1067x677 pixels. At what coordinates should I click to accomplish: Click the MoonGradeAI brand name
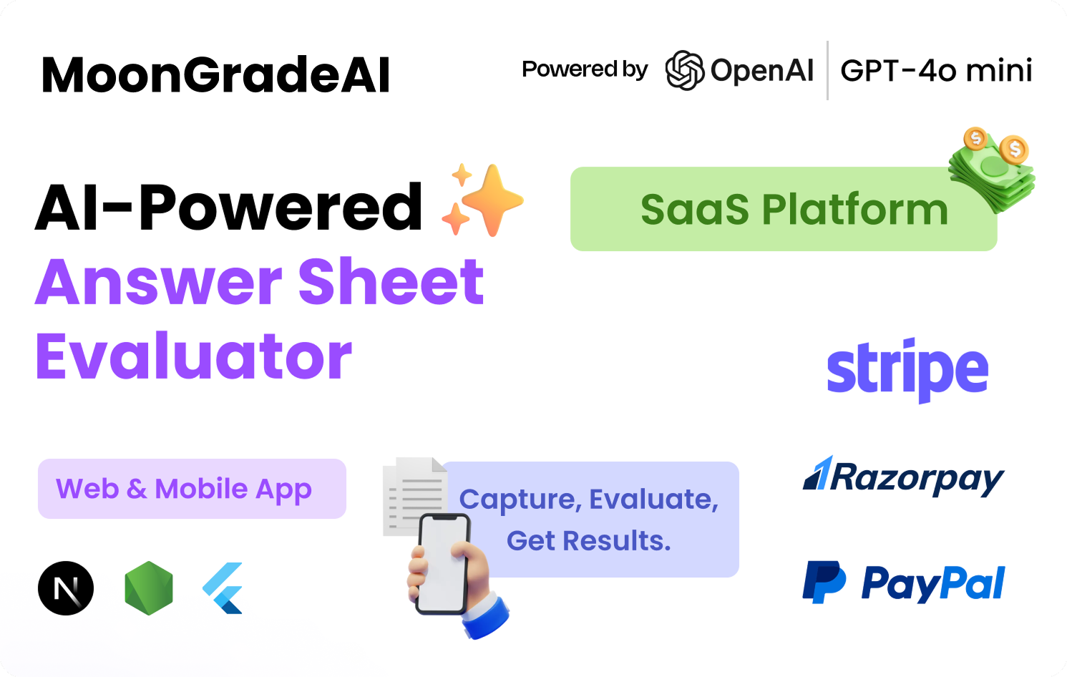[x=216, y=75]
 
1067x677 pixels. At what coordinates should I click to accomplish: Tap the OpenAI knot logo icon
[x=685, y=70]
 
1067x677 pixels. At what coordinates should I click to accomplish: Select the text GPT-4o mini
[x=936, y=71]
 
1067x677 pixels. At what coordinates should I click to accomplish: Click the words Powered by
[x=585, y=69]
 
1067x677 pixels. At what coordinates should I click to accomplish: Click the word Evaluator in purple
[x=194, y=356]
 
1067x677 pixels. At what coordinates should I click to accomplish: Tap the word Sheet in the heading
[x=391, y=281]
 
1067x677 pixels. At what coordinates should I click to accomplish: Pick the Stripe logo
[x=907, y=370]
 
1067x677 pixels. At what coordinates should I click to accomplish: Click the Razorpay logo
[x=904, y=477]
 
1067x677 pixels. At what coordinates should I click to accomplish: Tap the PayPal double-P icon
[x=824, y=582]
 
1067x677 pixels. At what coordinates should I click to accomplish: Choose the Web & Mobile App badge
[x=192, y=489]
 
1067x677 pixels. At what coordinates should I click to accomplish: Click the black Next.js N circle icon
[x=66, y=588]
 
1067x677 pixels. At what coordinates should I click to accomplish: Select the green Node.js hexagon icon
[x=149, y=588]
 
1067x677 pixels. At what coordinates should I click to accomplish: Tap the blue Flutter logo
[x=223, y=588]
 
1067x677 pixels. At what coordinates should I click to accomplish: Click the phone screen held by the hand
[x=442, y=564]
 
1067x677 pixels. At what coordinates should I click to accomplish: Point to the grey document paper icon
[x=414, y=495]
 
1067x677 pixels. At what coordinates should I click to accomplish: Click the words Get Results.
[x=589, y=541]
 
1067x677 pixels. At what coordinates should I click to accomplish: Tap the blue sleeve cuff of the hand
[x=487, y=617]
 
